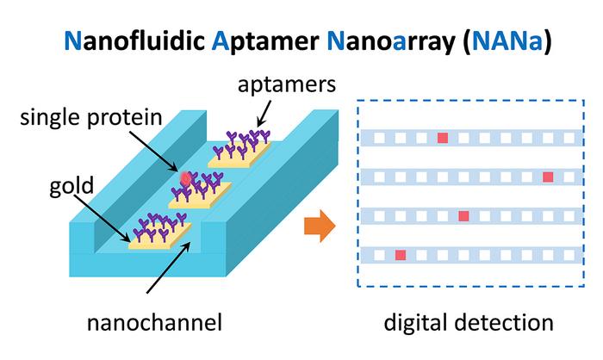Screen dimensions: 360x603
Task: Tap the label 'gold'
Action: [71, 185]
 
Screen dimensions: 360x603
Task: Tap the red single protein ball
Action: [184, 179]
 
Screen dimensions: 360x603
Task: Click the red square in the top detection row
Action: [443, 138]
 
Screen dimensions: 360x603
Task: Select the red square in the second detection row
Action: [548, 177]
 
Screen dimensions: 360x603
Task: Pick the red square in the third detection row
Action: [463, 215]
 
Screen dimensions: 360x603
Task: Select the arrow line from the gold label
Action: [108, 207]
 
